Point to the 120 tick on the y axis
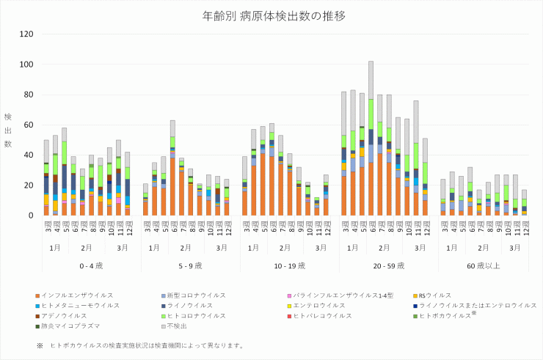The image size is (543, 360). [26, 34]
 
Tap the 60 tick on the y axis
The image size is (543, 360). [26, 125]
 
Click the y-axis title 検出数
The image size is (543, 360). [8, 130]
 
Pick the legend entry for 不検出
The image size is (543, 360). [181, 326]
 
